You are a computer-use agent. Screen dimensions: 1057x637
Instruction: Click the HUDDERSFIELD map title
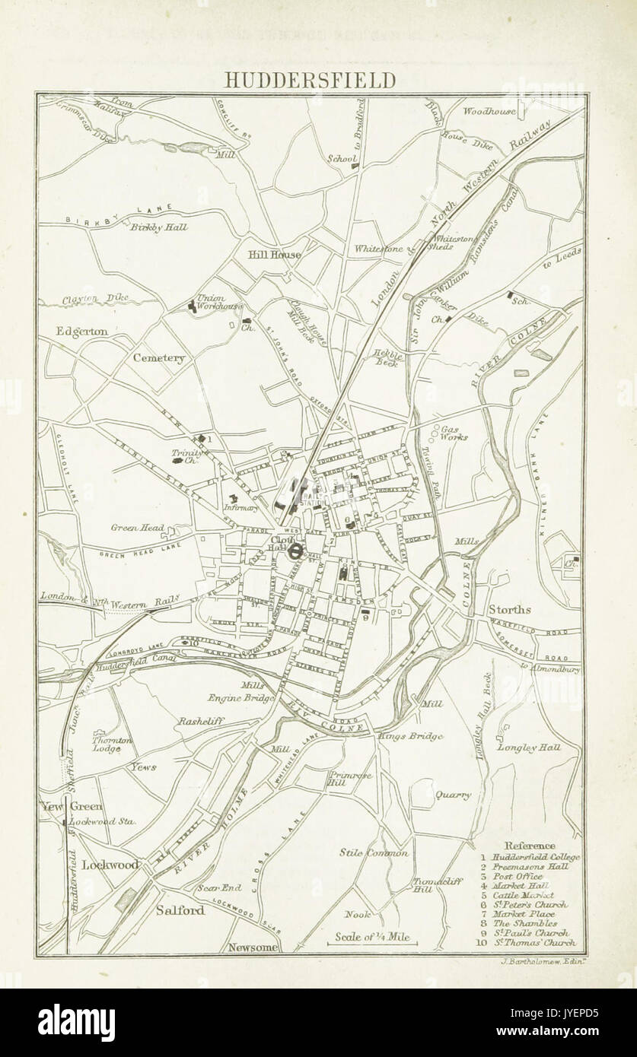pos(318,81)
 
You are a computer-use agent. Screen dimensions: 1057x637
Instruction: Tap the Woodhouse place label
pos(490,111)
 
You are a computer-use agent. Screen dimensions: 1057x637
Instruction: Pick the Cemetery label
pos(158,357)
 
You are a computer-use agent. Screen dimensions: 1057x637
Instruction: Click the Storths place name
pos(510,609)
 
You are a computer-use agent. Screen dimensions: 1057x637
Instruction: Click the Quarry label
pos(453,795)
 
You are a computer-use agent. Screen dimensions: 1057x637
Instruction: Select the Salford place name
pos(181,910)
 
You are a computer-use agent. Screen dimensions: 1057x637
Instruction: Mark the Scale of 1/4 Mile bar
pos(373,941)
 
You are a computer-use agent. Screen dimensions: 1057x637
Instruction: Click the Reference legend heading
pos(530,846)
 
